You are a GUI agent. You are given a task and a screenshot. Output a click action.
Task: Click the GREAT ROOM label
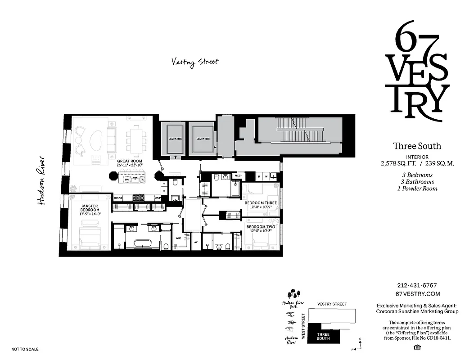point(130,161)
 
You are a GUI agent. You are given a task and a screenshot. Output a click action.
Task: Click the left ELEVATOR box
point(174,139)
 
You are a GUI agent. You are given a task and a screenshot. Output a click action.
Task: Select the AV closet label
point(196,242)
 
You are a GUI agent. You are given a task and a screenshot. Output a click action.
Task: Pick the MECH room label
point(239,175)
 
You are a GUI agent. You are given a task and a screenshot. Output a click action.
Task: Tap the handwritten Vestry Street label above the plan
point(195,62)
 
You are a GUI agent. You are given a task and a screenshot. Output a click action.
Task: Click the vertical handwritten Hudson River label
point(42,180)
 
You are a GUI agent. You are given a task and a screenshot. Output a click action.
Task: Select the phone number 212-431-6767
point(417,285)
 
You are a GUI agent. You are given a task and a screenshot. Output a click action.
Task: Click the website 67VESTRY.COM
point(417,293)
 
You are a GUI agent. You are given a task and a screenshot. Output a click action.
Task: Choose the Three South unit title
point(417,146)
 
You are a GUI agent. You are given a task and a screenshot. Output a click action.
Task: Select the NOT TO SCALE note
point(25,349)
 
